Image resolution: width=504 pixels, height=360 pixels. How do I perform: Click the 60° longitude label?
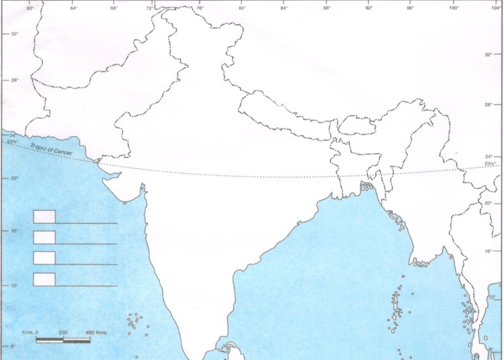coord(30,9)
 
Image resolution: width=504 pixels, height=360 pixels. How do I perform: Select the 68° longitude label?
coord(114,9)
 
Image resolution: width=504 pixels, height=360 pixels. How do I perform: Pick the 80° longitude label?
coord(242,9)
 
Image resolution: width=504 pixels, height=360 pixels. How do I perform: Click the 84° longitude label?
coord(284,9)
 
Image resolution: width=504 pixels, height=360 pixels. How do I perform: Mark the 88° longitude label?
coord(327,9)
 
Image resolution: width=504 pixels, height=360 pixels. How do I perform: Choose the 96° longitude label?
coord(411,9)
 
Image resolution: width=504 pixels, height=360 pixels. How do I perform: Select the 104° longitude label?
coord(495,9)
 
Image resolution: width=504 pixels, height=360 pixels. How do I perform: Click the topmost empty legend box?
coord(44,216)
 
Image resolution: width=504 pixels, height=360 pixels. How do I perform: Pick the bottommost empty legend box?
coord(44,279)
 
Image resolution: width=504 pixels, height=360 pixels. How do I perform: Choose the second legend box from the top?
coord(44,237)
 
